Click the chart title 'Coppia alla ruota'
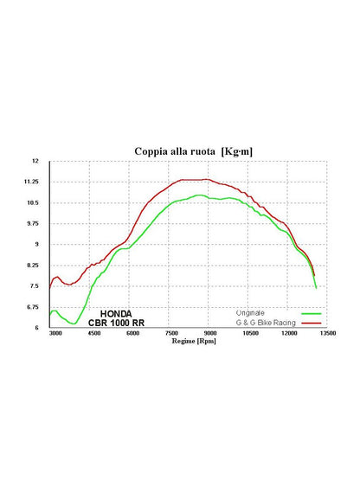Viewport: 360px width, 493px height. pyautogui.click(x=175, y=151)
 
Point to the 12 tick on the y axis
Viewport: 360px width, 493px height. pyautogui.click(x=35, y=161)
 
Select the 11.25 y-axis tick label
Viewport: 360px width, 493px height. pyautogui.click(x=31, y=182)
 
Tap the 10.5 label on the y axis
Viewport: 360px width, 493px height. pyautogui.click(x=32, y=202)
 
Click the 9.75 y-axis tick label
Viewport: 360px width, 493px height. pyautogui.click(x=32, y=223)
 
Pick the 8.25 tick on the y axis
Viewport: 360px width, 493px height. pyautogui.click(x=32, y=266)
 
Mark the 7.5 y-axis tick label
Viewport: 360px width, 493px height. pyautogui.click(x=34, y=286)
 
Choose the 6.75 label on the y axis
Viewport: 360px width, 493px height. pyautogui.click(x=32, y=307)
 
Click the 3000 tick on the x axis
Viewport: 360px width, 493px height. pyautogui.click(x=55, y=333)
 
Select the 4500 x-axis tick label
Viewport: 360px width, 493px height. pyautogui.click(x=94, y=333)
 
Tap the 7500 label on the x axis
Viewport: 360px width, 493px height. pyautogui.click(x=172, y=333)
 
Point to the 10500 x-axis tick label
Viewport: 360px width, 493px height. pyautogui.click(x=250, y=333)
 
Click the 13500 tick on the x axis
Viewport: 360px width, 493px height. pyautogui.click(x=328, y=333)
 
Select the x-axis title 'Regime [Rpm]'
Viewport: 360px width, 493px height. pyautogui.click(x=194, y=341)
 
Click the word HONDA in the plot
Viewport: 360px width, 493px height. pyautogui.click(x=116, y=314)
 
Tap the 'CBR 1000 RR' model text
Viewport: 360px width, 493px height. pyautogui.click(x=116, y=323)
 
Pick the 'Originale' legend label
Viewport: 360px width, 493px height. pyautogui.click(x=250, y=313)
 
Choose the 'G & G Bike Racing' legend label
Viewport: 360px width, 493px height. pyautogui.click(x=266, y=323)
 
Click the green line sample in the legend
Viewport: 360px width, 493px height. pyautogui.click(x=312, y=314)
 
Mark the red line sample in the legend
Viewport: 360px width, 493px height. pyautogui.click(x=312, y=323)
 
